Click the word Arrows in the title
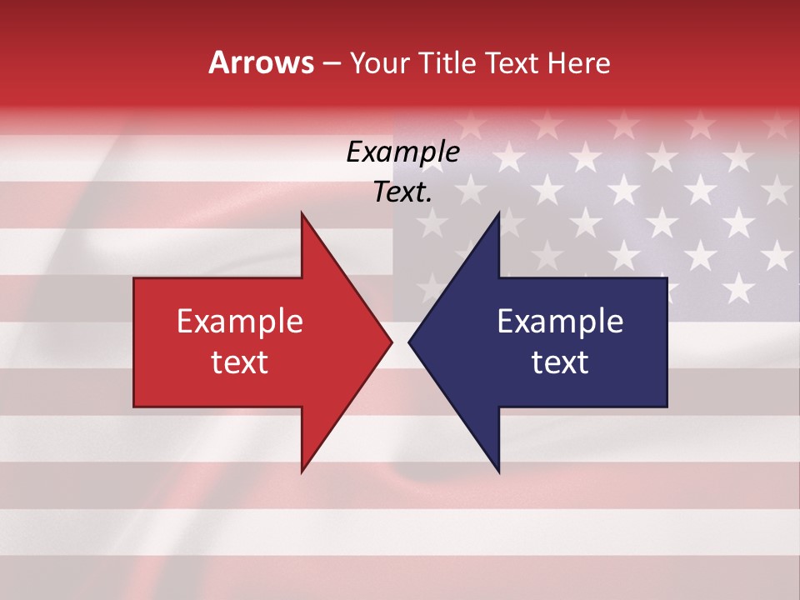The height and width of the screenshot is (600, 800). tap(262, 62)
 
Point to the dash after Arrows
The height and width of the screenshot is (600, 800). tap(332, 63)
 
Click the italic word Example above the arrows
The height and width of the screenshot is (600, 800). tap(402, 152)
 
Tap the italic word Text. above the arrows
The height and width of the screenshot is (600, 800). tap(402, 192)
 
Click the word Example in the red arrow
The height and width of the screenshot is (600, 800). tap(240, 322)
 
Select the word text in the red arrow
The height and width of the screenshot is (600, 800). tap(240, 362)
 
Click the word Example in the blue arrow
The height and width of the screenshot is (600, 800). tap(560, 322)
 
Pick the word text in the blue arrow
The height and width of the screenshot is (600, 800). tap(560, 362)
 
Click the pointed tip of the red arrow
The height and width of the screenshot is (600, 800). tap(391, 342)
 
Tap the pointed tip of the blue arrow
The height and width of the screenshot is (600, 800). tap(409, 342)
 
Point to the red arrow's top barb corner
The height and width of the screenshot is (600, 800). tap(302, 213)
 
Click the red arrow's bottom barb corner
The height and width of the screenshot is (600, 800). tap(302, 472)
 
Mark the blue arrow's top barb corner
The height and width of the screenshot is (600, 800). tap(498, 213)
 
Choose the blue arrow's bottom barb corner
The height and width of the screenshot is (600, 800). tap(498, 472)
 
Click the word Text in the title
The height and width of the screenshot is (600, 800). tap(512, 62)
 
